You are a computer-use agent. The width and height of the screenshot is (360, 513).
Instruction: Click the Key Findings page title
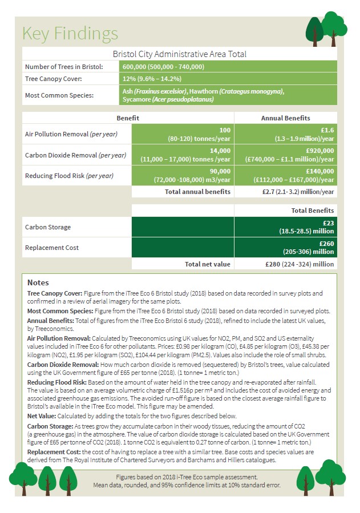[x=70, y=33]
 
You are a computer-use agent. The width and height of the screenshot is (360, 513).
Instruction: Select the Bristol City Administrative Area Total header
[x=179, y=54]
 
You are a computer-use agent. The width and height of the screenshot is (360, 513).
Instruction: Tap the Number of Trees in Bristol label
[x=64, y=67]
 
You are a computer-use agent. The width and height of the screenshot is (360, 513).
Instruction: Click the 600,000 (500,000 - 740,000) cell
[x=163, y=67]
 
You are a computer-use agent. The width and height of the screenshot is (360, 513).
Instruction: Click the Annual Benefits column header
[x=285, y=118]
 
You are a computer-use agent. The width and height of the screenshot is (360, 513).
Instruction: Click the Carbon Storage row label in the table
[x=48, y=227]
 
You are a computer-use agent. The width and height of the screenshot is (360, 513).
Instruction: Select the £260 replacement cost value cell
[x=285, y=248]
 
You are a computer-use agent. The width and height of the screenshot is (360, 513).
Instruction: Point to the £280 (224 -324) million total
[x=300, y=264]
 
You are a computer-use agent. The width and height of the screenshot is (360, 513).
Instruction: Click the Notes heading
[x=38, y=282]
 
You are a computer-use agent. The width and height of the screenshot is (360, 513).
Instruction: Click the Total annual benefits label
[x=197, y=192]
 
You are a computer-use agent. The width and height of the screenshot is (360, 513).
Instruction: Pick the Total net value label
[x=208, y=264]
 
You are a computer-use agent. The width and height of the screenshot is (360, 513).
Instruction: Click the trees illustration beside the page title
[x=326, y=28]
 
